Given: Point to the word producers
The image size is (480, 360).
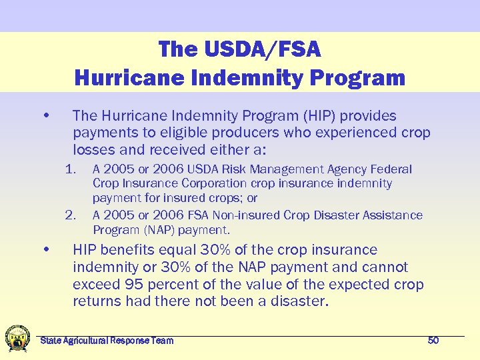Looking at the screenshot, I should click(x=251, y=132).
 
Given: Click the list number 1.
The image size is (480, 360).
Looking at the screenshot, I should click(x=71, y=169).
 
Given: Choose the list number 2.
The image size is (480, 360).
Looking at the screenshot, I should click(x=71, y=215).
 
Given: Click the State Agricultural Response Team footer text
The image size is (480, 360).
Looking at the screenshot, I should click(x=107, y=341).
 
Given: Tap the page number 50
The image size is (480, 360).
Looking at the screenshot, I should click(x=433, y=341).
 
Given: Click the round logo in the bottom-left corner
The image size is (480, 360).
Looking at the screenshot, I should click(x=17, y=338).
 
